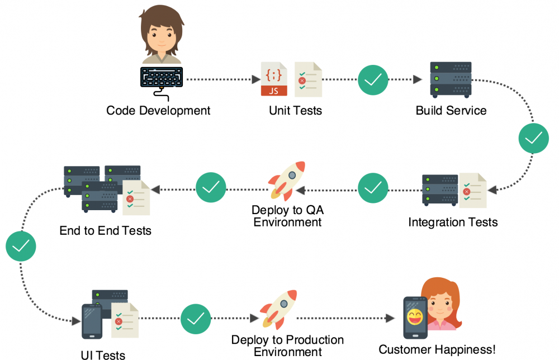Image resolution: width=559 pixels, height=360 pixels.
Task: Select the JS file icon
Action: (274, 79)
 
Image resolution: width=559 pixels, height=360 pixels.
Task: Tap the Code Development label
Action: (158, 110)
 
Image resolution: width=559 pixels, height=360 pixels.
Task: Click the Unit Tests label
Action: (295, 110)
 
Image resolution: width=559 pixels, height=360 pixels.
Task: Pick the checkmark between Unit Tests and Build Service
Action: (373, 80)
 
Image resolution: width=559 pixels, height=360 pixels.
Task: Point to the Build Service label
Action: (451, 110)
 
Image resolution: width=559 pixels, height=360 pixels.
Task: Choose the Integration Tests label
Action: (453, 222)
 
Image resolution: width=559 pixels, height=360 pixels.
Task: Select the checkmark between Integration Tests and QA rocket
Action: (373, 188)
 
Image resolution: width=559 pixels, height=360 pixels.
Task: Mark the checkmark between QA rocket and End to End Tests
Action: (211, 188)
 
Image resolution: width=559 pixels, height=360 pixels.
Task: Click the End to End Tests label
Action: (105, 230)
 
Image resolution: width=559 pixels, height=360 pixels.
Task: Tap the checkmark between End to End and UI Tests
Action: (21, 246)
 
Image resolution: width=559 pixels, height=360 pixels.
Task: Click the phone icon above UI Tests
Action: (92, 321)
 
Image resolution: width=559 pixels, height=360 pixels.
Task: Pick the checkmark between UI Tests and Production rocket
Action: (196, 319)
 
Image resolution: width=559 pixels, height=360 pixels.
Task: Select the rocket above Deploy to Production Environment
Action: (278, 309)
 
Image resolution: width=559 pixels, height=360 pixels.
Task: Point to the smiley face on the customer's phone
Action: (415, 319)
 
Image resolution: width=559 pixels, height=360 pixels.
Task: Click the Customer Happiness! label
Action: (437, 350)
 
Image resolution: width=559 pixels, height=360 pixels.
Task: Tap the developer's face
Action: (162, 35)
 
